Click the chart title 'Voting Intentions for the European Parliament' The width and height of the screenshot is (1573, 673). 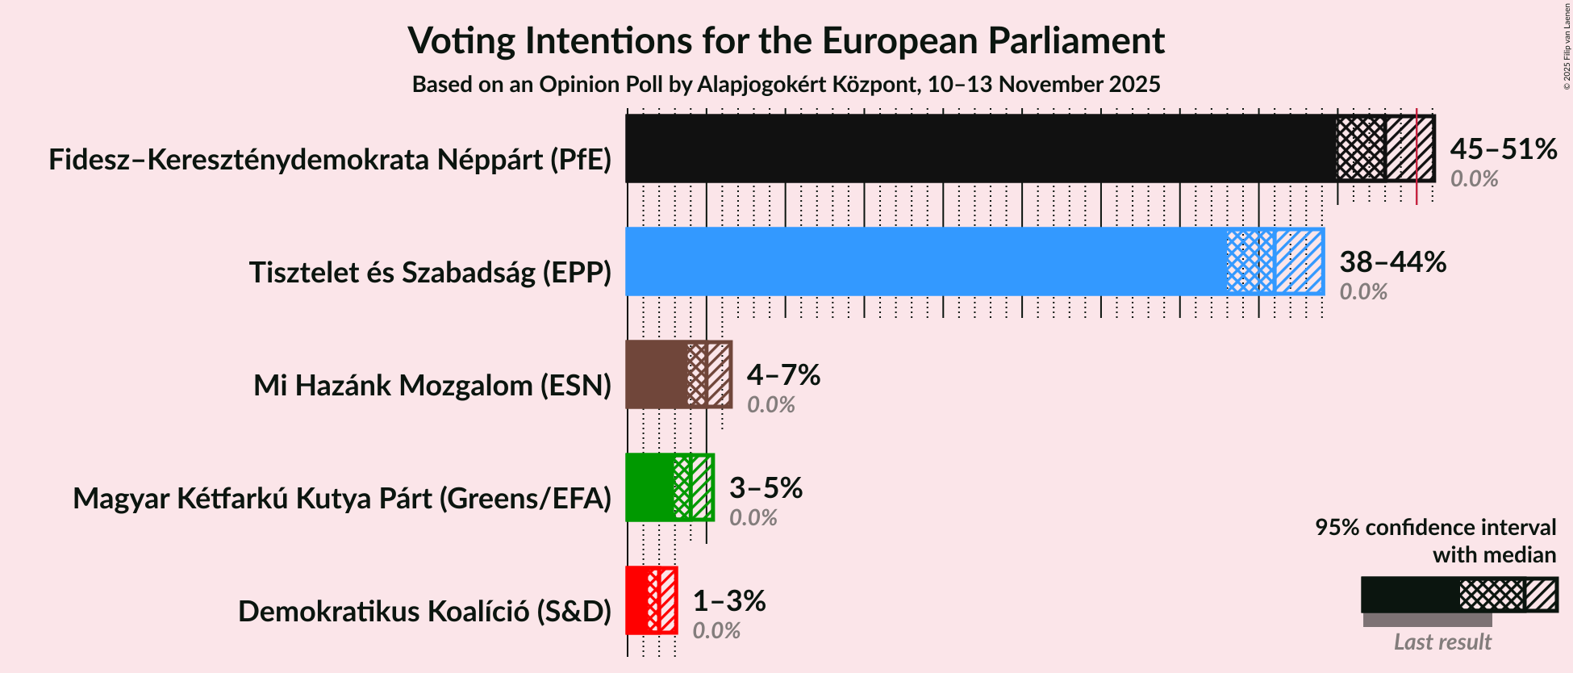pos(786,40)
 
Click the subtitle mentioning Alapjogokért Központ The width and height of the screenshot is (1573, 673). pos(786,85)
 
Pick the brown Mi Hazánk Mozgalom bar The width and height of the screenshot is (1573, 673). pos(656,374)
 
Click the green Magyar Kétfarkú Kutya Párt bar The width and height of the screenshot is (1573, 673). pos(649,487)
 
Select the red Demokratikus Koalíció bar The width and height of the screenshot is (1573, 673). pos(636,600)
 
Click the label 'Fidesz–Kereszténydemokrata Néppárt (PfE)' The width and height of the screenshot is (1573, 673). pos(330,160)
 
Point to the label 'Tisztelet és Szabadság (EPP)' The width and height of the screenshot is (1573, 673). pos(430,273)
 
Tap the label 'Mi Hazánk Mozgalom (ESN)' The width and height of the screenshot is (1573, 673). pos(432,386)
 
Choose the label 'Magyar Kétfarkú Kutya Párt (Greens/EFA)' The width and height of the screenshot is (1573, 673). pos(342,499)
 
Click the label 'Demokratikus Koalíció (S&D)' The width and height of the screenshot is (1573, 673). pos(424,612)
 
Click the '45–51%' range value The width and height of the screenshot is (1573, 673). pos(1503,149)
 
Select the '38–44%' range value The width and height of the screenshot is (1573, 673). pos(1392,262)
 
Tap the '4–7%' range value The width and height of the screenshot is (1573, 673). pos(782,375)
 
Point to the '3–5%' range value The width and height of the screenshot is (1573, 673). pos(766,488)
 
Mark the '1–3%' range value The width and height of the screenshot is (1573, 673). pos(728,601)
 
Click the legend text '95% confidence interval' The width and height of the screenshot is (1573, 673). pos(1435,528)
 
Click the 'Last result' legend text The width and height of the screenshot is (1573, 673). pos(1442,642)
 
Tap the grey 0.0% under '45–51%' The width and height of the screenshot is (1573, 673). pos(1474,179)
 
